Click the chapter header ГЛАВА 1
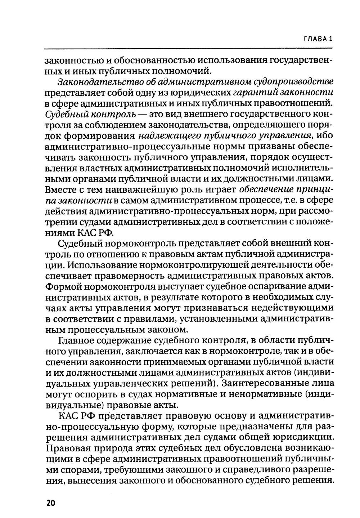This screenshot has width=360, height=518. [318, 39]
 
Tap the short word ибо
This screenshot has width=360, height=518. [324, 136]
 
